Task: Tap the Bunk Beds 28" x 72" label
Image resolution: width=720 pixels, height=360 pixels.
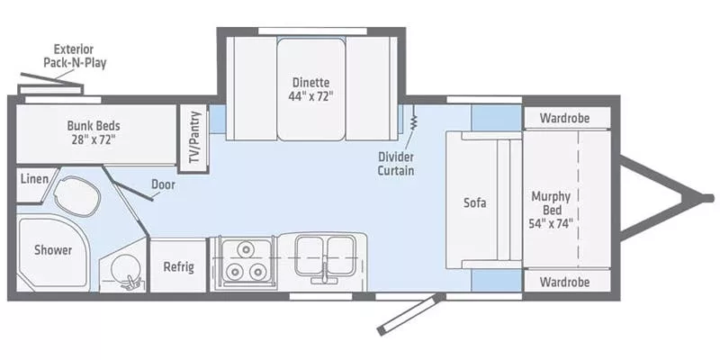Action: click(x=94, y=132)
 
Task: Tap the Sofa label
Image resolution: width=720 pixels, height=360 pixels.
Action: click(x=474, y=202)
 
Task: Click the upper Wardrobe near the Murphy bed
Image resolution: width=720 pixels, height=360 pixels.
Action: click(x=565, y=118)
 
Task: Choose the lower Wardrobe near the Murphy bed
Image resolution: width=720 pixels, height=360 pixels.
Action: click(x=565, y=282)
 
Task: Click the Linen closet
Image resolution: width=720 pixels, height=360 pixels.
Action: click(x=33, y=180)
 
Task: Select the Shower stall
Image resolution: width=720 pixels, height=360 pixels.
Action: click(x=52, y=250)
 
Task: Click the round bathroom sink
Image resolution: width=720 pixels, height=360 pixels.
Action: click(x=123, y=268)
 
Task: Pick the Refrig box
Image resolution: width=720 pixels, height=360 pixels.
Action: click(x=178, y=266)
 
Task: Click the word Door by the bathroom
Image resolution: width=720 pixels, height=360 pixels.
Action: click(x=163, y=184)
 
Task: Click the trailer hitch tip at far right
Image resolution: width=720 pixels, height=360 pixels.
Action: click(x=697, y=197)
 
